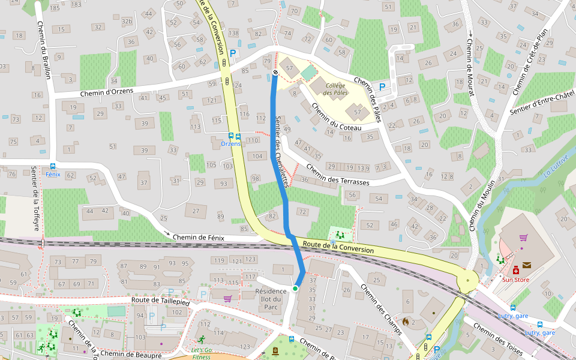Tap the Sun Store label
point(515,280)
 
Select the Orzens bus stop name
point(230,144)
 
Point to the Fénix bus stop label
point(53,175)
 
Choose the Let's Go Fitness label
point(202,353)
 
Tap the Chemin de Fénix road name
point(198,238)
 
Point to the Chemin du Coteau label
point(336,117)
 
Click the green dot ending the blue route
point(295,289)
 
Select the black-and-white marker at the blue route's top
point(275,73)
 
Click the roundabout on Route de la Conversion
point(467,279)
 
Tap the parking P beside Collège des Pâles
point(382,87)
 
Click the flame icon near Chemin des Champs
point(406,322)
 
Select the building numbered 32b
point(127,22)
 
